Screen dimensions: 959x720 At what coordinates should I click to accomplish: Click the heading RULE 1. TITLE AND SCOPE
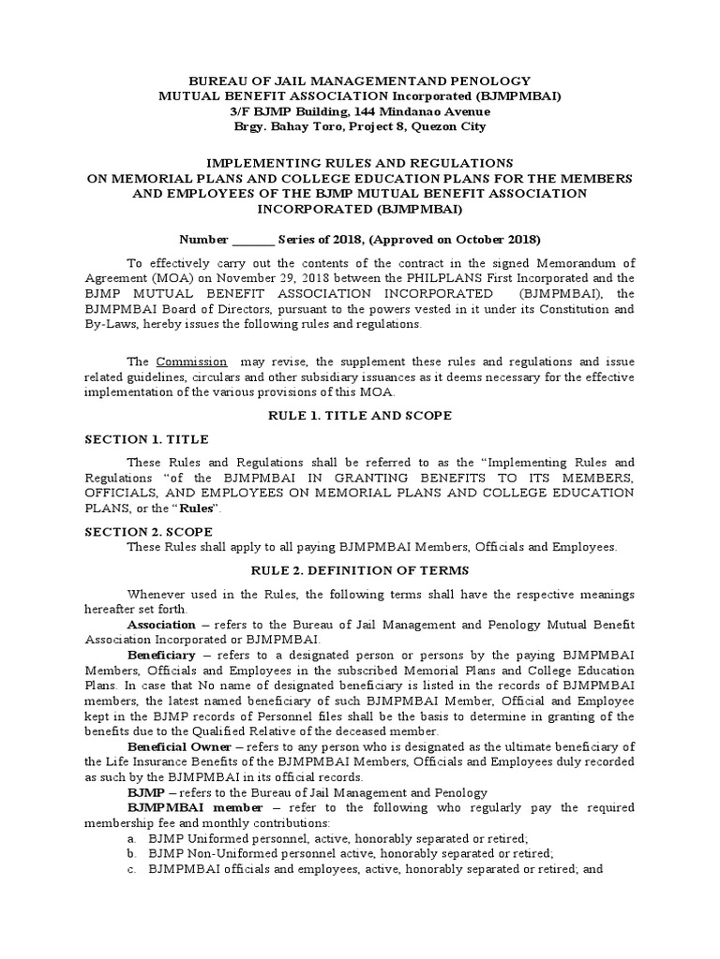[359, 416]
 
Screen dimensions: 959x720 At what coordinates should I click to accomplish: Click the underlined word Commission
[191, 361]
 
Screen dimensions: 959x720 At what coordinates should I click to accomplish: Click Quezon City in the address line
[444, 125]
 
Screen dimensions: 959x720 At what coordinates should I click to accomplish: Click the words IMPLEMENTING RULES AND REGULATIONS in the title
[359, 163]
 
